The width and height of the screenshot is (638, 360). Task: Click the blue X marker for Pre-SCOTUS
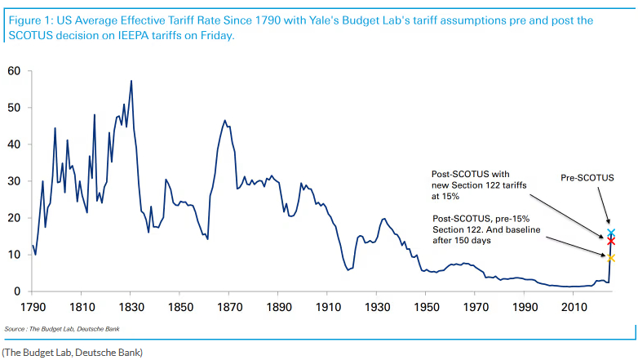click(x=611, y=233)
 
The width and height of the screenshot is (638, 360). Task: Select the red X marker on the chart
click(x=611, y=241)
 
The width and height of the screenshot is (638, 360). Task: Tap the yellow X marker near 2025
click(x=611, y=258)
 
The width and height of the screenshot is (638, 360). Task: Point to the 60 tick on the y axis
click(x=15, y=71)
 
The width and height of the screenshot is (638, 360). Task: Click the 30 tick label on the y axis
click(x=15, y=181)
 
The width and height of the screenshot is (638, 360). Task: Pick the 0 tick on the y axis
click(x=18, y=291)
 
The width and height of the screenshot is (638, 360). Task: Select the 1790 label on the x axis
click(x=33, y=307)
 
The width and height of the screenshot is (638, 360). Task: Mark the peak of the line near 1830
click(x=131, y=81)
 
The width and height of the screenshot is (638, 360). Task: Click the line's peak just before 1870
click(x=224, y=120)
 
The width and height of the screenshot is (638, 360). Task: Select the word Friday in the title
click(x=215, y=37)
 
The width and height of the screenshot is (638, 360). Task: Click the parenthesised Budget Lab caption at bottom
click(x=72, y=352)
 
